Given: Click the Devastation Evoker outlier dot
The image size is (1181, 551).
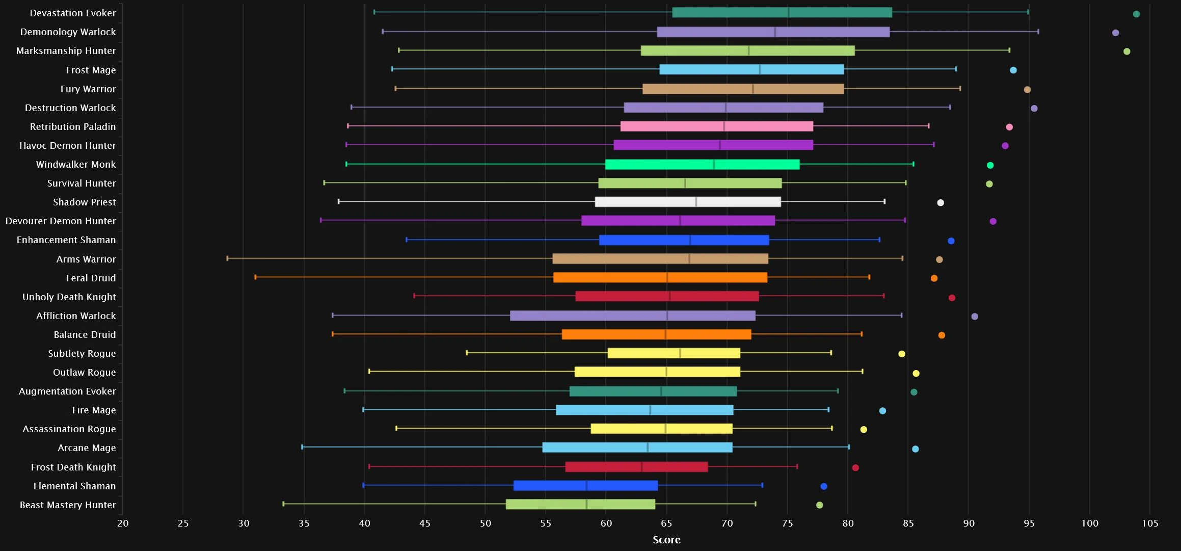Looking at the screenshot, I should point(1136,14).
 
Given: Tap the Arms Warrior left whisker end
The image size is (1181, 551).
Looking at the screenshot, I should point(227,258).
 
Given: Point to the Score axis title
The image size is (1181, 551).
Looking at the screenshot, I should point(666,540).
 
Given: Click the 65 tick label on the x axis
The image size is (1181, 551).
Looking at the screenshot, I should point(666,523).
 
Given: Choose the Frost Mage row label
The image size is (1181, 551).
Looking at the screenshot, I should point(91,70).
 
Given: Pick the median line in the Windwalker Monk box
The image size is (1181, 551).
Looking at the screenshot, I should point(714,164).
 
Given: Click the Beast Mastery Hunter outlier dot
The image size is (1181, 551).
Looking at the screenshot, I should point(819,505).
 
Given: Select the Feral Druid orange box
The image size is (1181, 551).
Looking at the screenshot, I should point(660,277).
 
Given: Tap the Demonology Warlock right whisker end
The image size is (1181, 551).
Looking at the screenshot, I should point(1038,32).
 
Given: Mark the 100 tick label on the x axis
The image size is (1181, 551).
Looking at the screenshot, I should point(1090,523).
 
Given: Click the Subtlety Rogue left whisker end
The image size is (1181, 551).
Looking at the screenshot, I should point(467,353).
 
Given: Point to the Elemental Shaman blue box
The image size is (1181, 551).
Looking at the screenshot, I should point(585,485).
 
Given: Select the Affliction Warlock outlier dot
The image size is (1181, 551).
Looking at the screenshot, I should point(975,317).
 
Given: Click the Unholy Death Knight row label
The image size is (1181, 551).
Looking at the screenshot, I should point(69,297).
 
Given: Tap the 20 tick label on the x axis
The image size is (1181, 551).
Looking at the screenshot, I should point(123,523).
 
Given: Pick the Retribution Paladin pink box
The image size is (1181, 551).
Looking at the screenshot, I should point(716,126).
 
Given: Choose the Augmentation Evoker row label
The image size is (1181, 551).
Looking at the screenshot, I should point(67,391).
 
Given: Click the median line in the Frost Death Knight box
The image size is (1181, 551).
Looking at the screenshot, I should point(641,467).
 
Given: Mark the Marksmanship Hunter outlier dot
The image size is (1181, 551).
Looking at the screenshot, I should point(1127,51).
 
